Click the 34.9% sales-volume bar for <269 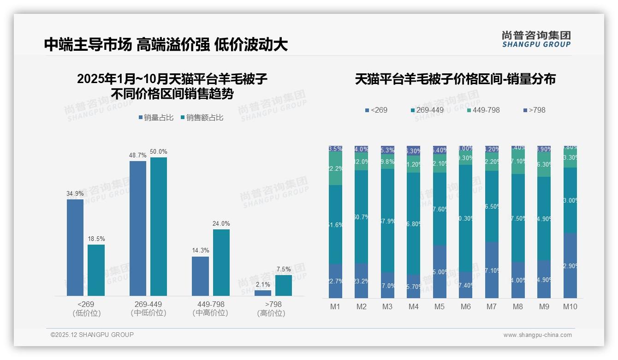(75, 247)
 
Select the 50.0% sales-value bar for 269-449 (158, 226)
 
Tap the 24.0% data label (221, 223)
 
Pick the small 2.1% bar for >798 (263, 293)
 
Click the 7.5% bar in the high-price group (284, 285)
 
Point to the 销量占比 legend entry (156, 118)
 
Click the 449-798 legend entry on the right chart (483, 110)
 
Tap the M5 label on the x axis (440, 306)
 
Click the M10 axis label (570, 306)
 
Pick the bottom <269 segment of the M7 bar (492, 270)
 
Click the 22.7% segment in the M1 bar (335, 281)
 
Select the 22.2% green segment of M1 (335, 169)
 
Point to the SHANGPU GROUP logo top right (536, 39)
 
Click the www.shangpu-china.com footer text (537, 335)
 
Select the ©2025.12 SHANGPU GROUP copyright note (92, 335)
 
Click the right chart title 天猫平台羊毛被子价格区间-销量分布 (455, 79)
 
